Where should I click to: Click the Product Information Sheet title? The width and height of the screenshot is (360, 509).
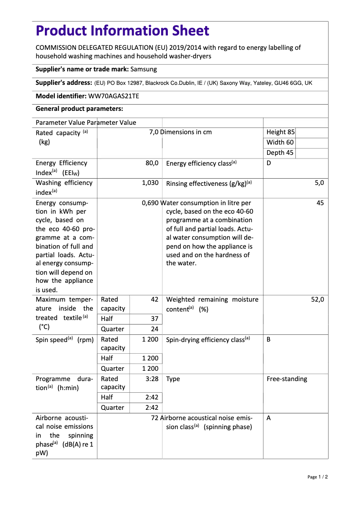coord(122,31)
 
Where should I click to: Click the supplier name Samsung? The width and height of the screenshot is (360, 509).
coord(144,69)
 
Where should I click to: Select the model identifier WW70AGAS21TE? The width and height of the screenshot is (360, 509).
coord(114,96)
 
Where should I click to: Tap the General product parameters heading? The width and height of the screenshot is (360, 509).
coord(79,109)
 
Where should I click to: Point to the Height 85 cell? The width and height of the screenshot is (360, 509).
coord(281,132)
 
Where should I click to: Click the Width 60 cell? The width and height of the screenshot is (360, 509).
coord(280,142)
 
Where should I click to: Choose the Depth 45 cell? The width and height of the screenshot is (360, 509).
coord(280,153)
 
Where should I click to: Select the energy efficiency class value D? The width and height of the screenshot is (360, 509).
coord(269,163)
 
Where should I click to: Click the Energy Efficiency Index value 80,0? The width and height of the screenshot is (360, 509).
coord(152,163)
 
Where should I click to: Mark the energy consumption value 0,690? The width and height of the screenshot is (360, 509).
coord(150,203)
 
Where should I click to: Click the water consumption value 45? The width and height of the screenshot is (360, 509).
coord(320,203)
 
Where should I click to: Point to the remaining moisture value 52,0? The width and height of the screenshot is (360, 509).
coord(317,299)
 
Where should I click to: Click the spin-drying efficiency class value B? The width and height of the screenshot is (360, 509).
coord(269,339)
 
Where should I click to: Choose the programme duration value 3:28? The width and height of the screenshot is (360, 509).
coord(152,379)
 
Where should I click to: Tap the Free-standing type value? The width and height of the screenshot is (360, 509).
coord(287,379)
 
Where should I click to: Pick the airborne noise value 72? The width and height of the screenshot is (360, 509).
coord(155,418)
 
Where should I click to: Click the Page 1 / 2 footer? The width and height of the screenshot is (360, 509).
coord(317,477)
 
